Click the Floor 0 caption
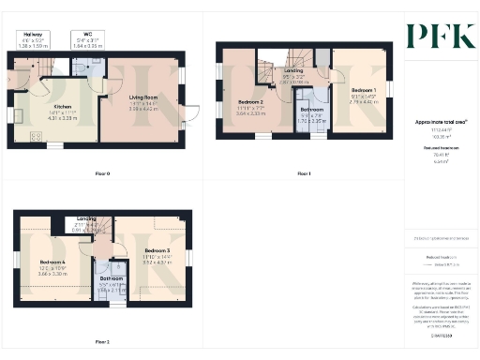[x=103, y=174]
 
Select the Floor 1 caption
[x=304, y=174]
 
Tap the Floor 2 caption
[x=101, y=341]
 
